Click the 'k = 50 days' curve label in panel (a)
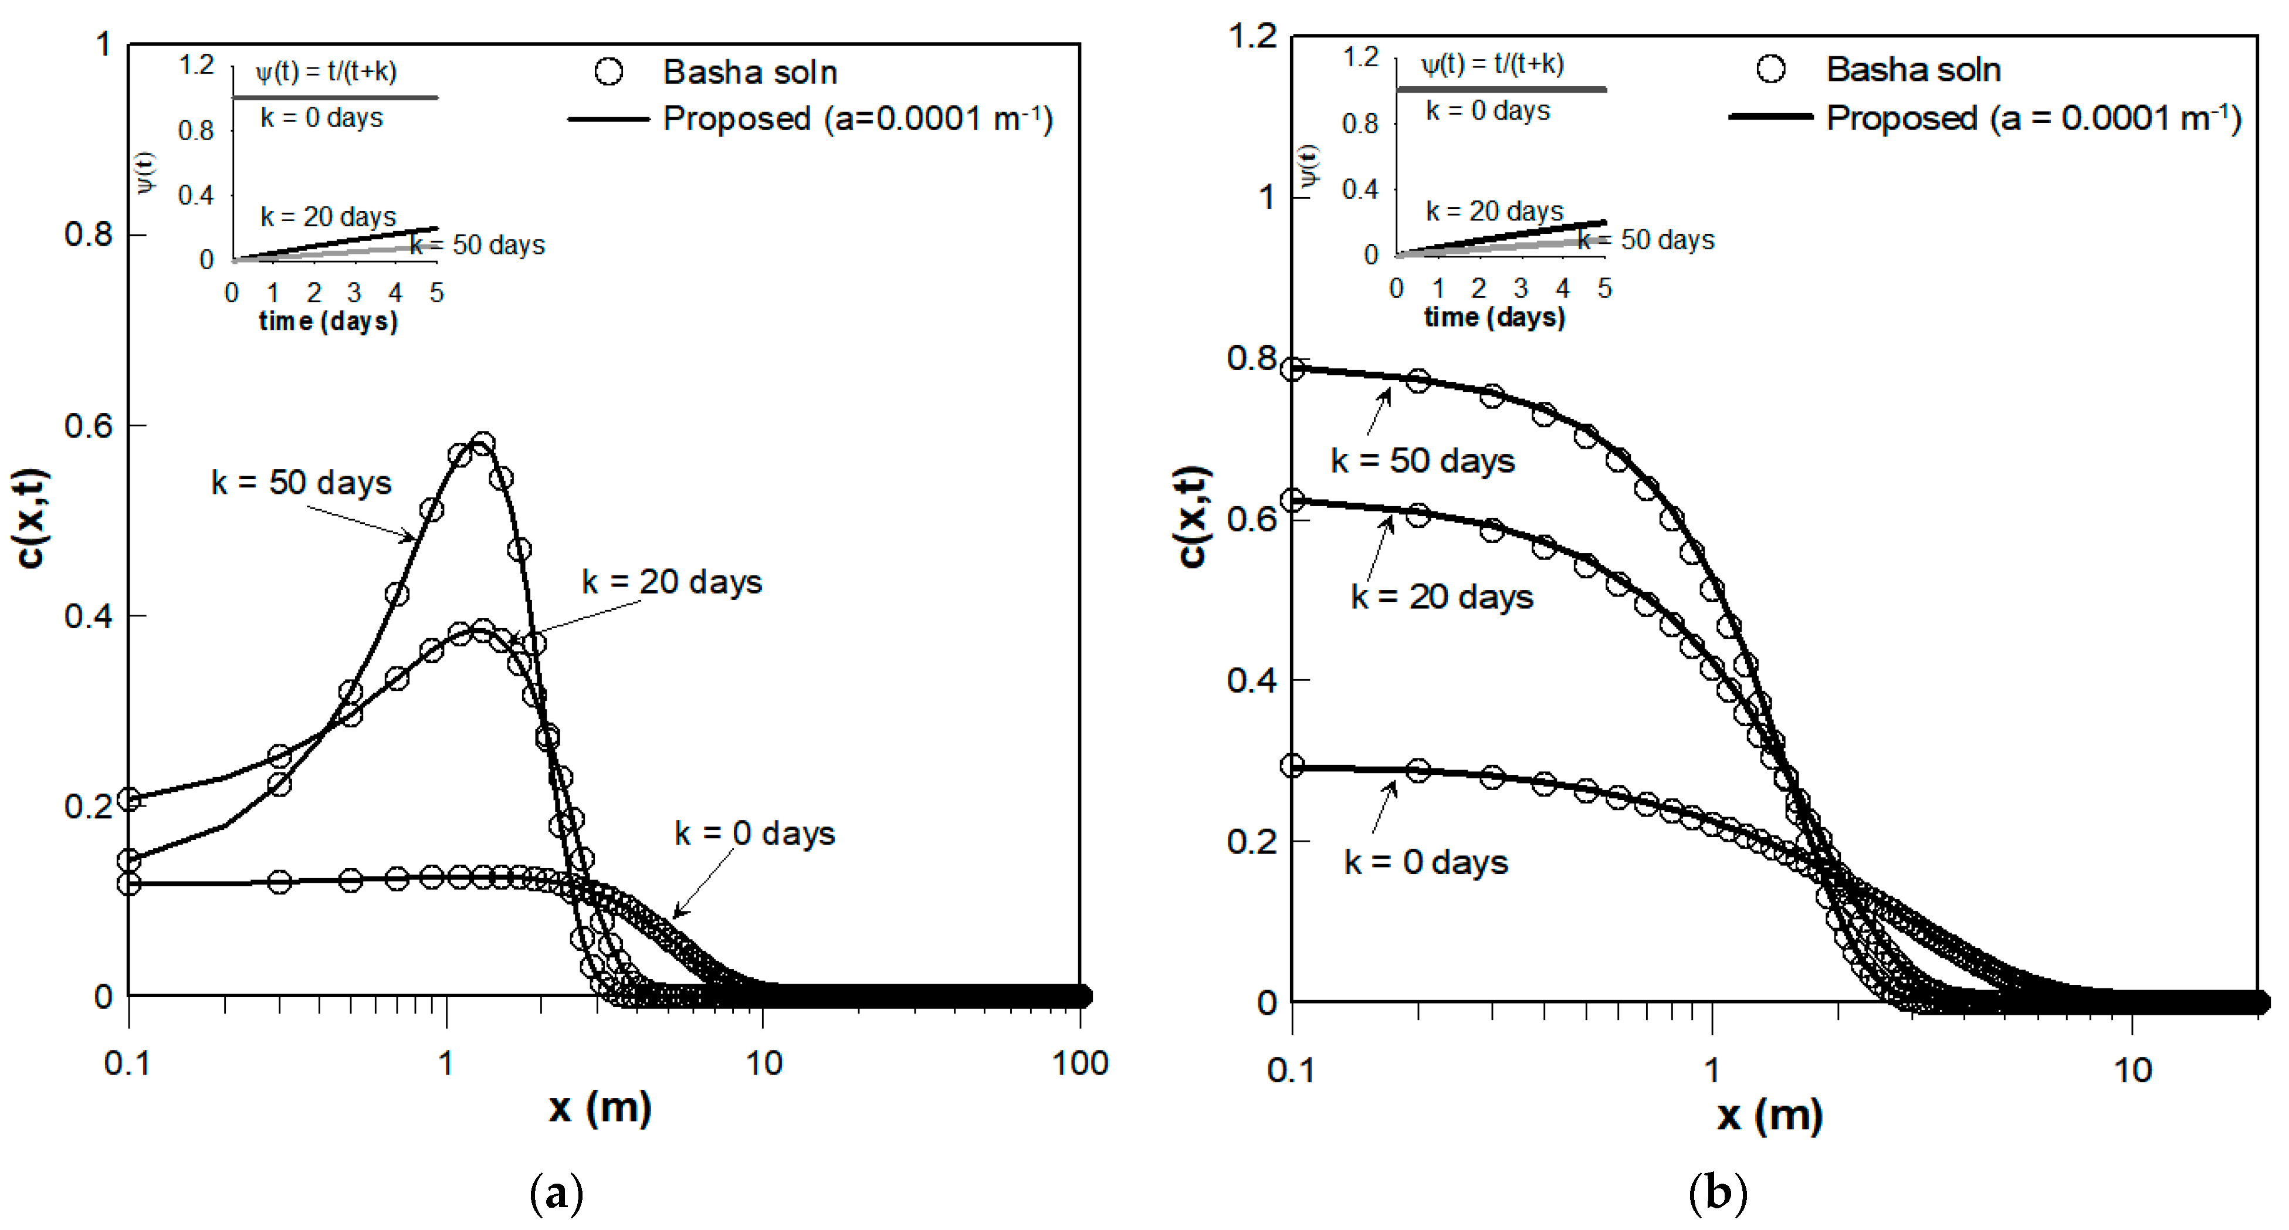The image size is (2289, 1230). coord(302,483)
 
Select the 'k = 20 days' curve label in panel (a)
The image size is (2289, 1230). coord(672,582)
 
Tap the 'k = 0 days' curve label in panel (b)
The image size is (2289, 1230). coord(1425,862)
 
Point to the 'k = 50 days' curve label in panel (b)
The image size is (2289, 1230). coord(1422,460)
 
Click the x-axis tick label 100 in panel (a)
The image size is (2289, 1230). coord(1079,1063)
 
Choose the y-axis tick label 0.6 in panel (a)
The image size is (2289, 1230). coord(89,426)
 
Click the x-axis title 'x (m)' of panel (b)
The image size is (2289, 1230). coord(1768,1114)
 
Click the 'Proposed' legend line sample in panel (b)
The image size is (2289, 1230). coord(1770,116)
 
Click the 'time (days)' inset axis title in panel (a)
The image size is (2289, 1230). coord(328,321)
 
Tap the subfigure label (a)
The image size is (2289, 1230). coord(556,1192)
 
